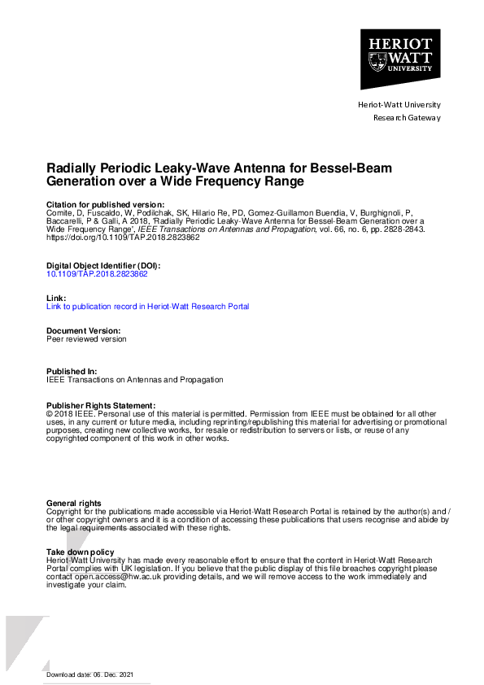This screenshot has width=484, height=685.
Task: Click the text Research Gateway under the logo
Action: tap(406, 117)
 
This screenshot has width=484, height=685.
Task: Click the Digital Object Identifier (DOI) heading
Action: tap(103, 266)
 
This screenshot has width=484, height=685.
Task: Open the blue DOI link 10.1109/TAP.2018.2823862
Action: tap(97, 274)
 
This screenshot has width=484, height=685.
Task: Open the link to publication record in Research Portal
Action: tap(147, 307)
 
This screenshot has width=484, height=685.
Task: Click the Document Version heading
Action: tap(84, 331)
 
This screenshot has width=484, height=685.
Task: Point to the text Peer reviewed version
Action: tap(86, 339)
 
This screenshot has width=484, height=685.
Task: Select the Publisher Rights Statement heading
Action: tap(100, 405)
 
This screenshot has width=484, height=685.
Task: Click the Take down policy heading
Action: tap(81, 552)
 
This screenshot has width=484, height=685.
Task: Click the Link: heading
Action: tap(55, 299)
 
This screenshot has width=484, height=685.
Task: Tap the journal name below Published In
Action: tap(134, 380)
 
